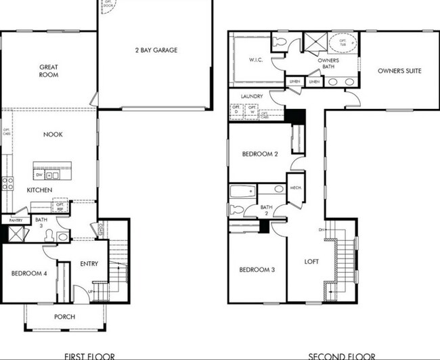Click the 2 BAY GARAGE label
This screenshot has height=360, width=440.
[x=155, y=50]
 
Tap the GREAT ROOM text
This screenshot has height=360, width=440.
[x=48, y=70]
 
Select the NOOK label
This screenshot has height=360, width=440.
[x=53, y=135]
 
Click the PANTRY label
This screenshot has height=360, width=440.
[x=16, y=221]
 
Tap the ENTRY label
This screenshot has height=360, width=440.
[x=89, y=264]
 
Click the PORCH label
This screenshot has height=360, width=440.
[x=65, y=317]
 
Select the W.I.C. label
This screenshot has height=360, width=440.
[x=256, y=60]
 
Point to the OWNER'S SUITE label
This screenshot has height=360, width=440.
[x=399, y=70]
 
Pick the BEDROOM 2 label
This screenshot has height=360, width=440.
[x=260, y=154]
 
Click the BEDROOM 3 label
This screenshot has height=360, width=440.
[x=257, y=270]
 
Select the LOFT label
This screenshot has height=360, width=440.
[x=311, y=261]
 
